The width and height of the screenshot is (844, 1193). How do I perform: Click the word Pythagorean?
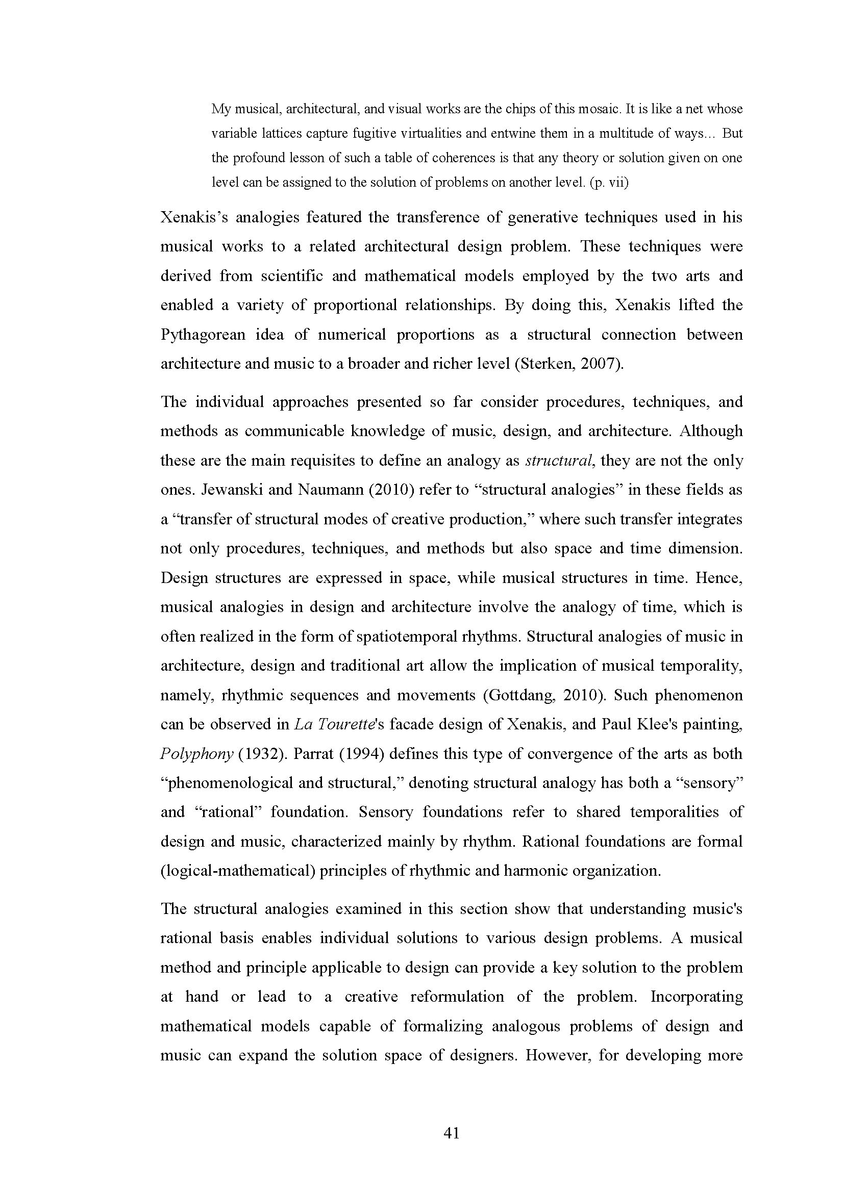pyautogui.click(x=203, y=335)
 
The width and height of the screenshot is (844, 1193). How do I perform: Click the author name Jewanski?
pyautogui.click(x=231, y=490)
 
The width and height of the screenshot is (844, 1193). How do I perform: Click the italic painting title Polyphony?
pyautogui.click(x=196, y=754)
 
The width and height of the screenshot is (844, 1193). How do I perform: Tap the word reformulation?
pyautogui.click(x=457, y=997)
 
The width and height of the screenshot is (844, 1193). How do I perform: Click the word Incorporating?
pyautogui.click(x=697, y=997)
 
